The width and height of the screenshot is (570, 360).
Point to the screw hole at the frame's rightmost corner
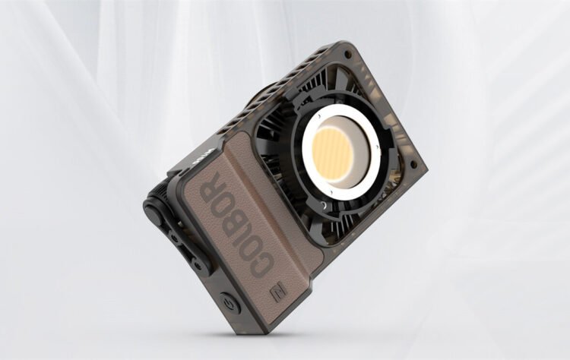pos(416,163)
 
